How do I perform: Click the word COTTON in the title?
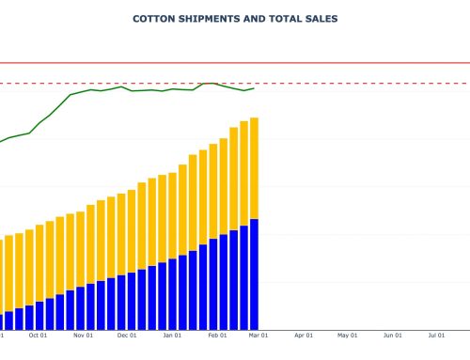(x=153, y=18)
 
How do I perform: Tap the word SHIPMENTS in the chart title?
(x=208, y=18)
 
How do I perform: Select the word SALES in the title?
(x=319, y=18)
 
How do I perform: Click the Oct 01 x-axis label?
(x=39, y=334)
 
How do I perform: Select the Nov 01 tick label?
(x=83, y=334)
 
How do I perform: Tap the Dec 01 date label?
(x=127, y=334)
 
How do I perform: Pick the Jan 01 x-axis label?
(x=172, y=334)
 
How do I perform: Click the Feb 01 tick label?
(x=216, y=334)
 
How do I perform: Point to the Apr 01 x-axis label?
(x=303, y=334)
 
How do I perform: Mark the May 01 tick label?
(x=348, y=334)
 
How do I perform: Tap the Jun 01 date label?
(x=392, y=334)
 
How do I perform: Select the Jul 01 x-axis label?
(x=436, y=334)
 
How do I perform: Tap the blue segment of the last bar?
(x=254, y=273)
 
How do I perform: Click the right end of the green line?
(x=254, y=88)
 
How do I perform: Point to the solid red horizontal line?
(x=376, y=63)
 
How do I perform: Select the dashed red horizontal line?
(x=376, y=83)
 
